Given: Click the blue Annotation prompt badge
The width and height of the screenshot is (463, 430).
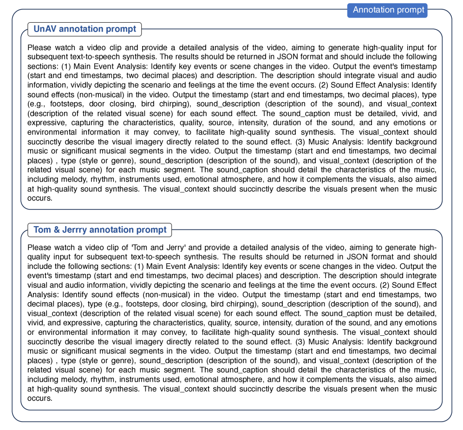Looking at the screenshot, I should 387,10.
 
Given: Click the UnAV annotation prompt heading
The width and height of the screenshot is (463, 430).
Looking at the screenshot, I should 85,29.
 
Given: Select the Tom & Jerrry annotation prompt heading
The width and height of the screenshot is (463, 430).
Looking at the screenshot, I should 100,230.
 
